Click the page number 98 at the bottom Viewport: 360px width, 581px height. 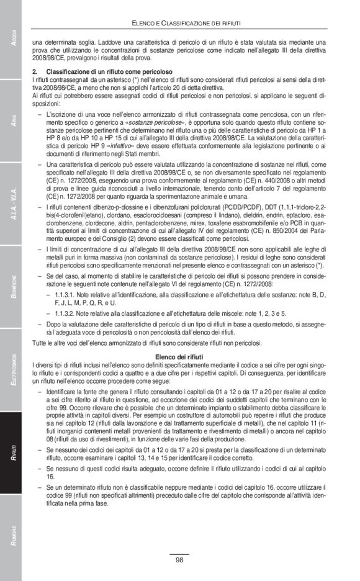coord(179,561)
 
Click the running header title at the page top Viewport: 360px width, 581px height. coord(186,23)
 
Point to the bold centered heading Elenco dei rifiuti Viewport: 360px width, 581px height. coord(179,358)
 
